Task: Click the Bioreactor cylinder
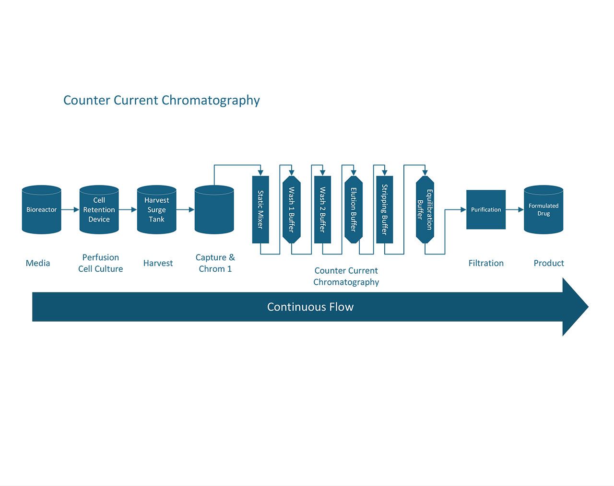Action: (x=42, y=209)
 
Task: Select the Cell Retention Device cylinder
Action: (x=99, y=209)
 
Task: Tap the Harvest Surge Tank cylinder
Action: (x=157, y=209)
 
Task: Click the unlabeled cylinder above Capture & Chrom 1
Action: (x=214, y=209)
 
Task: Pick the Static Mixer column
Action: (x=260, y=209)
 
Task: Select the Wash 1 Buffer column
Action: (x=292, y=209)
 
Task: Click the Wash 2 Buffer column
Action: (x=323, y=209)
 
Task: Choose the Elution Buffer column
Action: (x=354, y=209)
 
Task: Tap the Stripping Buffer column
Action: (x=385, y=209)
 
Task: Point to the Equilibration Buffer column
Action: (x=425, y=209)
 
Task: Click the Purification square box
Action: (x=486, y=209)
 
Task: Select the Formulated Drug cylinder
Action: (x=543, y=209)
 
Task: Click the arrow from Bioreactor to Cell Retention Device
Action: (x=70, y=209)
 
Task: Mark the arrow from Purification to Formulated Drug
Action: (x=515, y=209)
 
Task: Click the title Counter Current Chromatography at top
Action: (x=162, y=101)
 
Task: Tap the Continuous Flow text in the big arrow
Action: (x=310, y=307)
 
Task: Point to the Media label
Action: (x=38, y=263)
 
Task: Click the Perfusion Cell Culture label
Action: (x=101, y=263)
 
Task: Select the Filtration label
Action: (x=486, y=263)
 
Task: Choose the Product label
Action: (x=549, y=263)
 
